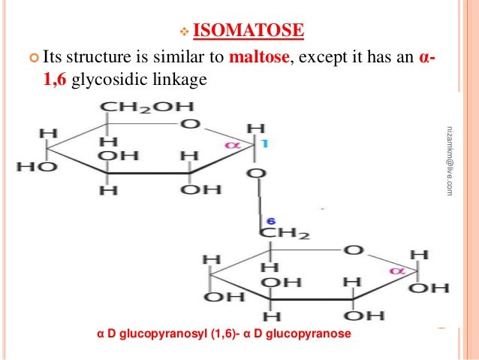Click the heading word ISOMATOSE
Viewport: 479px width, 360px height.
coord(249,31)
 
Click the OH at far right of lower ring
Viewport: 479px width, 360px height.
coord(435,287)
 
